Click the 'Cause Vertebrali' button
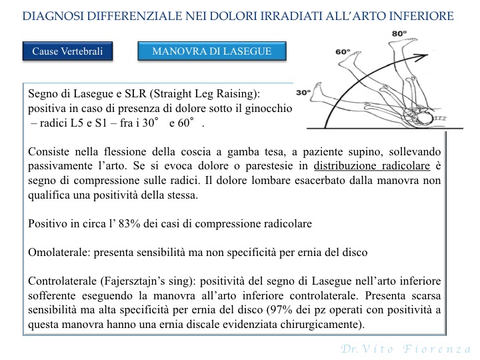pos(68,52)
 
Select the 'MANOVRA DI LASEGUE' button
pos(213,51)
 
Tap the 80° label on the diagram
pos(399,33)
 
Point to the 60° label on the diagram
pos(343,51)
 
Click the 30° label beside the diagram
pos(303,92)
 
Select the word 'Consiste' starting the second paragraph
pos(47,152)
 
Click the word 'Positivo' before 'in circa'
pos(47,224)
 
